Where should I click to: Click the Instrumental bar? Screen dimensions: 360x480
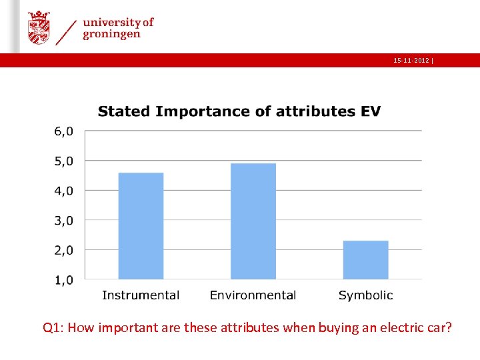click(x=141, y=226)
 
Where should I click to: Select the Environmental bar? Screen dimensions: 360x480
click(x=253, y=221)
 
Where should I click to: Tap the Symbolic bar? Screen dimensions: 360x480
click(x=365, y=260)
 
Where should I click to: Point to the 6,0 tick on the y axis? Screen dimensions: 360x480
click(x=65, y=131)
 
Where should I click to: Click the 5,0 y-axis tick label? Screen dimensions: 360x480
click(x=65, y=161)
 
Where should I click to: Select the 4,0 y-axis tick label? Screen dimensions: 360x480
click(x=65, y=191)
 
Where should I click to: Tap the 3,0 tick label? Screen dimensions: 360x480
click(x=65, y=220)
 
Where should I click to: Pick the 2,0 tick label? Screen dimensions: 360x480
click(x=65, y=250)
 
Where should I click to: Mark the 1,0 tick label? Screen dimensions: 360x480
click(x=65, y=280)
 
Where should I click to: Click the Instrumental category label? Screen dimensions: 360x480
click(x=141, y=295)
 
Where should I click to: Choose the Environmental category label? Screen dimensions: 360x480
click(x=253, y=295)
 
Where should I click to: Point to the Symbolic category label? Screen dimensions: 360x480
click(x=365, y=295)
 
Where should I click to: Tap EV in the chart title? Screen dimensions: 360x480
click(x=370, y=111)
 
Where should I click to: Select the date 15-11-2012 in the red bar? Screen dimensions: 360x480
click(x=411, y=61)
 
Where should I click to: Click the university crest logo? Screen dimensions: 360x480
click(x=39, y=27)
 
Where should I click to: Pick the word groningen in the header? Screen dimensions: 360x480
click(x=111, y=35)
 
